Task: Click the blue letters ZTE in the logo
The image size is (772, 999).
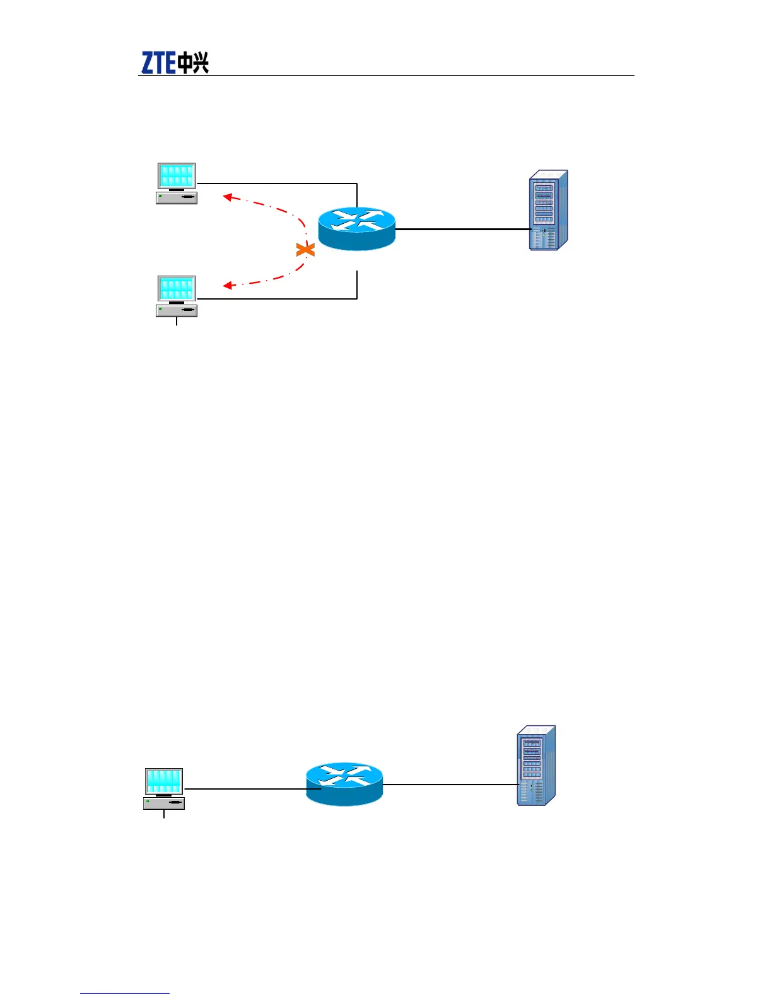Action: coord(158,62)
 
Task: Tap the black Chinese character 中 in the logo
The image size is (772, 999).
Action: coord(185,63)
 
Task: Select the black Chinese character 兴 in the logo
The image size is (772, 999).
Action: coord(201,63)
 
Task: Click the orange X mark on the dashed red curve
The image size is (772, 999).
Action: coord(305,250)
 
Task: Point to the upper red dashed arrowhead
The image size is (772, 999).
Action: coord(228,197)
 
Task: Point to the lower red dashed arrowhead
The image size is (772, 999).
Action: coord(228,286)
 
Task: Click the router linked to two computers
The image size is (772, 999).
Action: coord(356,229)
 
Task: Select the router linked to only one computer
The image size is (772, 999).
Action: coord(344,784)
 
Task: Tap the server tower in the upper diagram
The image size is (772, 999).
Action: coord(548,210)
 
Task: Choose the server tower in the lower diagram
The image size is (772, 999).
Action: coord(536,766)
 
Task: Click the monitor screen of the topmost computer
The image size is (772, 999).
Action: coord(177,175)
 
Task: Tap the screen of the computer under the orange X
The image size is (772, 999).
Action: coord(177,289)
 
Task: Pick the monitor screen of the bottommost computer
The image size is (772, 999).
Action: coord(164,781)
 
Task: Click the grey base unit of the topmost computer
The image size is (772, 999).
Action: coord(177,197)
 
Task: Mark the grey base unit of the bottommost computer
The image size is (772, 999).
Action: coord(164,803)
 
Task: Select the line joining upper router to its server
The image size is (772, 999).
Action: coord(462,229)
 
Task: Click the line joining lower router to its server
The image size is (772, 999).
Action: coord(450,785)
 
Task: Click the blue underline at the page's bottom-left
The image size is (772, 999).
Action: coord(124,994)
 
